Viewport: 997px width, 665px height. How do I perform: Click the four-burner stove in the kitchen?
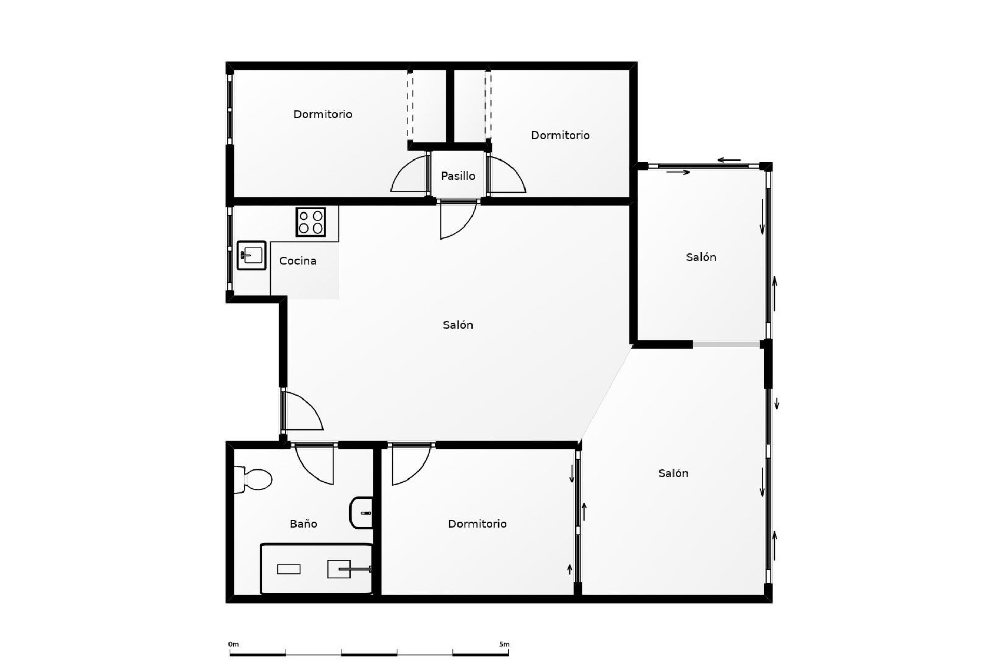click(311, 222)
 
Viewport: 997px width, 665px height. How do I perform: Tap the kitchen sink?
click(252, 255)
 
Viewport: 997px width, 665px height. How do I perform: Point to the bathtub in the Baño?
click(316, 568)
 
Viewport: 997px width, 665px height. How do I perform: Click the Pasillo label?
click(458, 176)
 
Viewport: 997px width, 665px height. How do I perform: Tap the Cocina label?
click(298, 261)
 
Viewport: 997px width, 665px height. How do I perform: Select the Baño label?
click(303, 524)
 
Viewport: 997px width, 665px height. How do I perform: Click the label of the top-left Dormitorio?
click(322, 114)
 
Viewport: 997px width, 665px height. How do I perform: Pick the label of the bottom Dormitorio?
click(477, 524)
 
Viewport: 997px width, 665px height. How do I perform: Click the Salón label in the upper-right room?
click(700, 257)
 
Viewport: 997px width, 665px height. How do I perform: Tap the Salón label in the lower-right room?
click(673, 473)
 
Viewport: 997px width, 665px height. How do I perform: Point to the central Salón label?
click(457, 325)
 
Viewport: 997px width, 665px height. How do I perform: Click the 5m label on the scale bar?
click(504, 644)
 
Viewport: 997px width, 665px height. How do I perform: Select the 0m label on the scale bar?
click(233, 644)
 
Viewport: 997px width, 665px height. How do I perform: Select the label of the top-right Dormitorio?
click(560, 136)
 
